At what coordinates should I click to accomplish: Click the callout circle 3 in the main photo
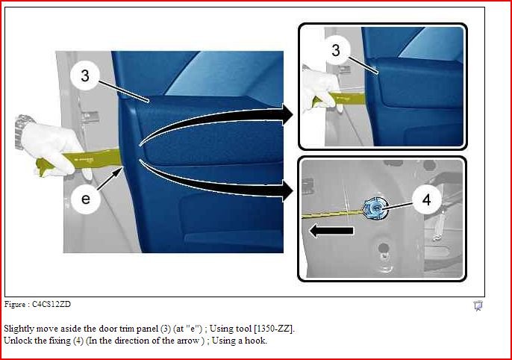(85, 75)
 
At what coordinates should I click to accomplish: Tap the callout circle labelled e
(86, 199)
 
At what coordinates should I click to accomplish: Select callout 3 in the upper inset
(336, 50)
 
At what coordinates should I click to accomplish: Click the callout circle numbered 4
(426, 199)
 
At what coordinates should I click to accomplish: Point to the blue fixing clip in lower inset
(375, 209)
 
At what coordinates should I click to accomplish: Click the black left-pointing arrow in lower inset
(331, 231)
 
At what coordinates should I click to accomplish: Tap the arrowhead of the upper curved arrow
(288, 114)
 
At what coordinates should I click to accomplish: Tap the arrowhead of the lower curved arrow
(288, 191)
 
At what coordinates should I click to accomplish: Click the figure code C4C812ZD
(51, 304)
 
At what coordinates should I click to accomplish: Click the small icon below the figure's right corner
(478, 306)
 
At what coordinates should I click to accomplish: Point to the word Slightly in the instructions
(19, 329)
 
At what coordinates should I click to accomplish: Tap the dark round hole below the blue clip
(383, 248)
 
